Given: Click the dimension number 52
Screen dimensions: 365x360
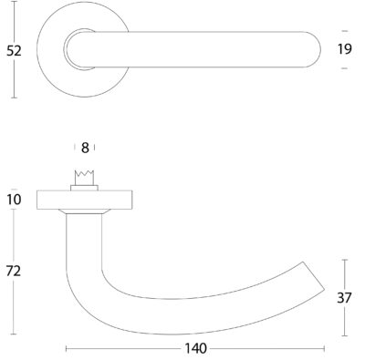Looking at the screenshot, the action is coord(14,51).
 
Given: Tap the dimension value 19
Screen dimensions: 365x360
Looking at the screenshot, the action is coord(345,49).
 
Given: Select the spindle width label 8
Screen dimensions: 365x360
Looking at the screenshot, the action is coord(85,148).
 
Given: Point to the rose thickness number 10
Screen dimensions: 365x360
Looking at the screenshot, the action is coord(14,200).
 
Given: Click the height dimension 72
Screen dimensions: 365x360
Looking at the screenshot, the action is coord(14,271).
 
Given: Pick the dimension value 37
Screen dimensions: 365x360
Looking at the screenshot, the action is coord(344,298).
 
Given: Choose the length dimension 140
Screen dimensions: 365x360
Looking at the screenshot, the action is coord(196,348).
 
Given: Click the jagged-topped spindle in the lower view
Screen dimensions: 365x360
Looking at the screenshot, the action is coord(85,178).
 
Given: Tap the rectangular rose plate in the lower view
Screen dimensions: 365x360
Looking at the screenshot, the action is coord(85,200).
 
